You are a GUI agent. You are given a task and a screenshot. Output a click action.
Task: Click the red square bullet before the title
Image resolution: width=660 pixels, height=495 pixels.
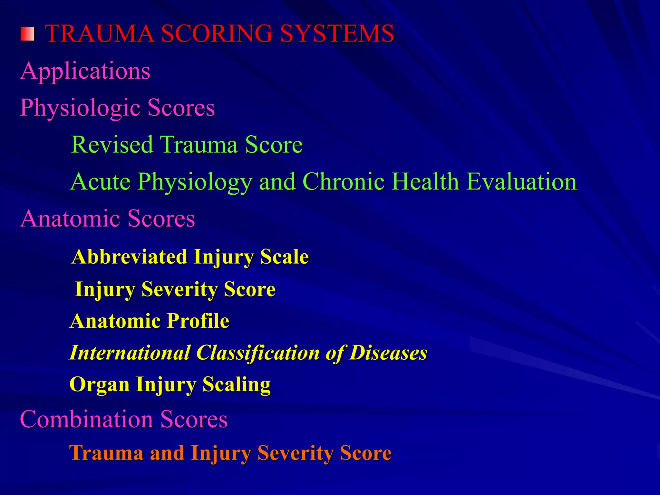pyautogui.click(x=27, y=34)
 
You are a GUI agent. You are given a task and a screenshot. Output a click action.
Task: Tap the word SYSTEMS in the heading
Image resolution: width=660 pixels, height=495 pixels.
pyautogui.click(x=337, y=34)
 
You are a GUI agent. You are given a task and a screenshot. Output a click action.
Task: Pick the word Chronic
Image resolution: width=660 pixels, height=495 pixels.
pyautogui.click(x=344, y=181)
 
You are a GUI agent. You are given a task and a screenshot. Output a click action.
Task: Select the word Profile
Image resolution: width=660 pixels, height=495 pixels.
pyautogui.click(x=198, y=321)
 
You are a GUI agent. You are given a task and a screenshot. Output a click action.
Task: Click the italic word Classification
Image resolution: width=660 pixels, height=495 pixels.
pyautogui.click(x=258, y=353)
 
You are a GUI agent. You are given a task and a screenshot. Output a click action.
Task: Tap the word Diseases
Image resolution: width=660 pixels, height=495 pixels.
pyautogui.click(x=388, y=353)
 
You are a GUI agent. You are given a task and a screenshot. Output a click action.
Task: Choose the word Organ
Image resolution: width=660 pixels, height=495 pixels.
pyautogui.click(x=99, y=385)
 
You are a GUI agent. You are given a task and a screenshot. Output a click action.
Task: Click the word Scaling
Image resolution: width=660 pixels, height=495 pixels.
pyautogui.click(x=237, y=385)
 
